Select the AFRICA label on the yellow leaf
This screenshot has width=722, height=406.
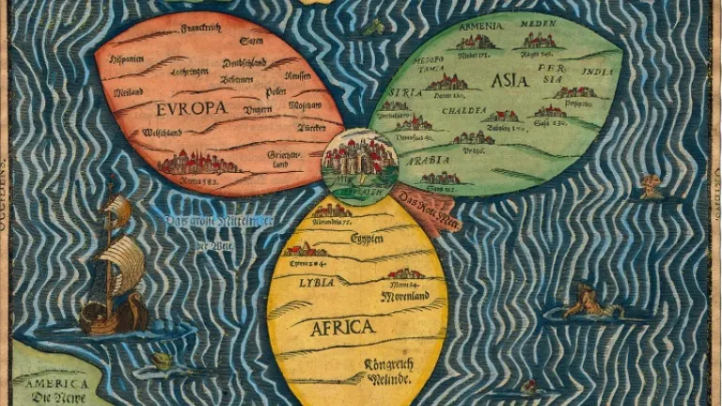(x=342, y=327)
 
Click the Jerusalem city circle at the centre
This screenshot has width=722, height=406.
(x=359, y=163)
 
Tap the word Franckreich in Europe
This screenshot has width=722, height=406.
(x=199, y=28)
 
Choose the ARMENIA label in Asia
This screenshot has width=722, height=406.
(x=479, y=28)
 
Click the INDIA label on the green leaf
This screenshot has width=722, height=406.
(x=597, y=71)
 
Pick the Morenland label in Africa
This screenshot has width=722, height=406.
(x=405, y=296)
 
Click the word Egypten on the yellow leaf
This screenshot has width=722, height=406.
(x=367, y=239)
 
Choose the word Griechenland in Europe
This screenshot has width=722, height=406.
(x=284, y=158)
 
